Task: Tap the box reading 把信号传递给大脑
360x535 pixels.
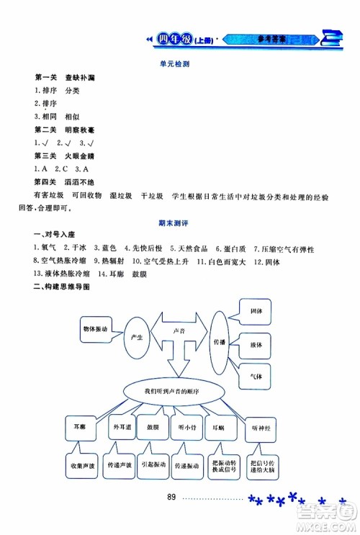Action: pos(258,467)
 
